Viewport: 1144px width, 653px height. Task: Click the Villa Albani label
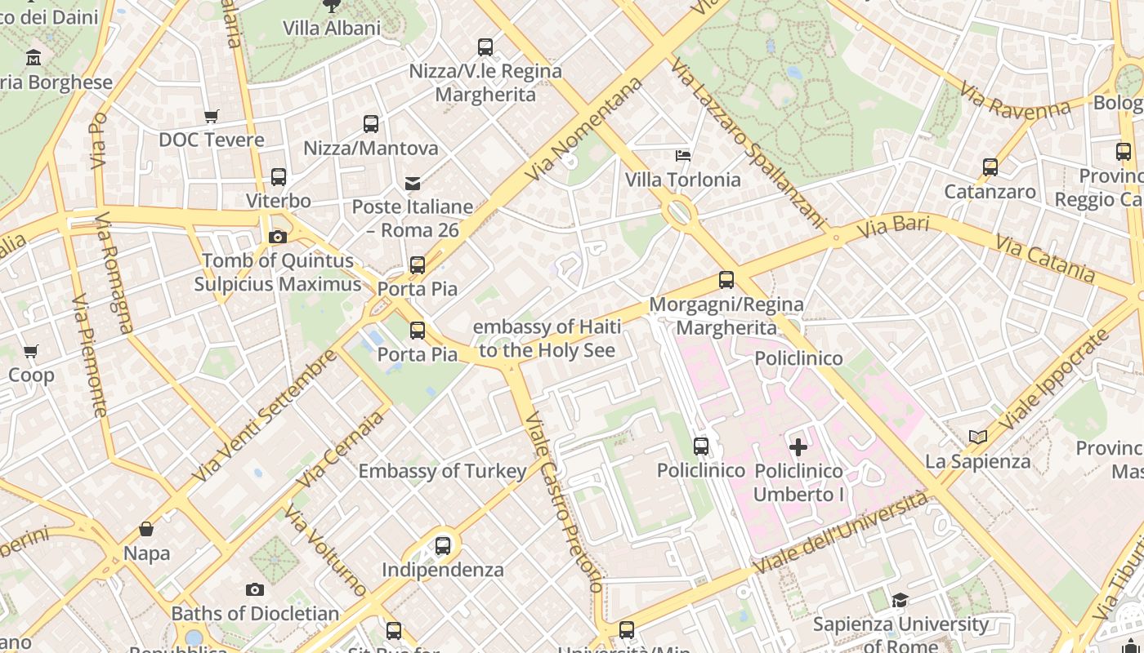332,28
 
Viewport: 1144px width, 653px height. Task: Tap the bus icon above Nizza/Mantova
371,124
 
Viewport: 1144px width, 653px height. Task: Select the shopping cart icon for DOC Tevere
212,116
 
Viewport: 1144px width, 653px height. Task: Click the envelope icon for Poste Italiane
413,183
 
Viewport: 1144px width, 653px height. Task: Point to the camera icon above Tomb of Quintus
278,237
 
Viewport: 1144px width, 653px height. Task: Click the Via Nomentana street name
583,131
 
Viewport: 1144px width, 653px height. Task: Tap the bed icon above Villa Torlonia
683,155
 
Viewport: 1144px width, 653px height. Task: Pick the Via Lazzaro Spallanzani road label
748,143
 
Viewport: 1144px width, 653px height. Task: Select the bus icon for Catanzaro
990,167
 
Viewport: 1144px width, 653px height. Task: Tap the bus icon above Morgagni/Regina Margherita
726,280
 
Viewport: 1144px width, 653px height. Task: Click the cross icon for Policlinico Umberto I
798,446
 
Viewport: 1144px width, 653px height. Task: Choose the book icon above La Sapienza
978,437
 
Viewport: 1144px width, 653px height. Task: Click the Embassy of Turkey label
442,471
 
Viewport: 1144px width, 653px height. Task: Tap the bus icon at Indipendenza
443,545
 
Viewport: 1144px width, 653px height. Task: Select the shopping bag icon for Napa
146,529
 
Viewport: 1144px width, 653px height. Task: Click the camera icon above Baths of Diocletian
255,589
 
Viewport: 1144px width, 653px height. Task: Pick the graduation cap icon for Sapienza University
900,601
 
